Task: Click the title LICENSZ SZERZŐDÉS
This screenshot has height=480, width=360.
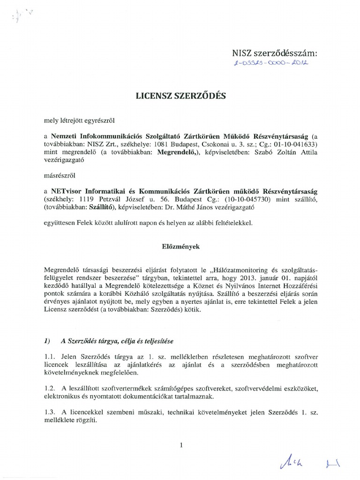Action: click(x=180, y=96)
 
